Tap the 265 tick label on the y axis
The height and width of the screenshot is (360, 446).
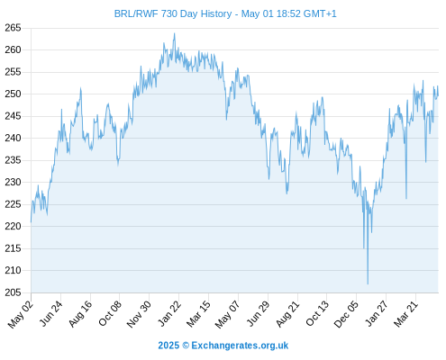pos(13,28)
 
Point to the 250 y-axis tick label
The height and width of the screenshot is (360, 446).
pos(13,94)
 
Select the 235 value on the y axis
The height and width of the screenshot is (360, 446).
pos(13,160)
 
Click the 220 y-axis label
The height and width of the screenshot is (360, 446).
pos(13,226)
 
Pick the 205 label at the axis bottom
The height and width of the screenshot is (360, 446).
pos(13,292)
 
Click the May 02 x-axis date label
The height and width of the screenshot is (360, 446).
pos(21,314)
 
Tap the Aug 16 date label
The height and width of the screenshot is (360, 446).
pos(80,314)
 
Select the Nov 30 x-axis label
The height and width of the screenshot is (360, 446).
pos(139,314)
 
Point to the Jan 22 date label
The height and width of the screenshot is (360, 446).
pos(169,313)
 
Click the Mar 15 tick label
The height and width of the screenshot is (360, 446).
pos(198,314)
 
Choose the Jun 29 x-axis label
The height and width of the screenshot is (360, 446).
pos(258,313)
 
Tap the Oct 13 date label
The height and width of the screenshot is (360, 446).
pos(317,313)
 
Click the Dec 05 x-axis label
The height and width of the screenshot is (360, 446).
pos(346,314)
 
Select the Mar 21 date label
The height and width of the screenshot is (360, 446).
pos(405,314)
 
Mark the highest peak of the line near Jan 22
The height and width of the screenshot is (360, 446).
pos(174,33)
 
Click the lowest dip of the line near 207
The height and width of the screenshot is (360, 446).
pos(368,283)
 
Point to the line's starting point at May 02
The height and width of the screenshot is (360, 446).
pos(31,222)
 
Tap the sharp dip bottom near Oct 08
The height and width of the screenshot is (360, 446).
pos(118,165)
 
